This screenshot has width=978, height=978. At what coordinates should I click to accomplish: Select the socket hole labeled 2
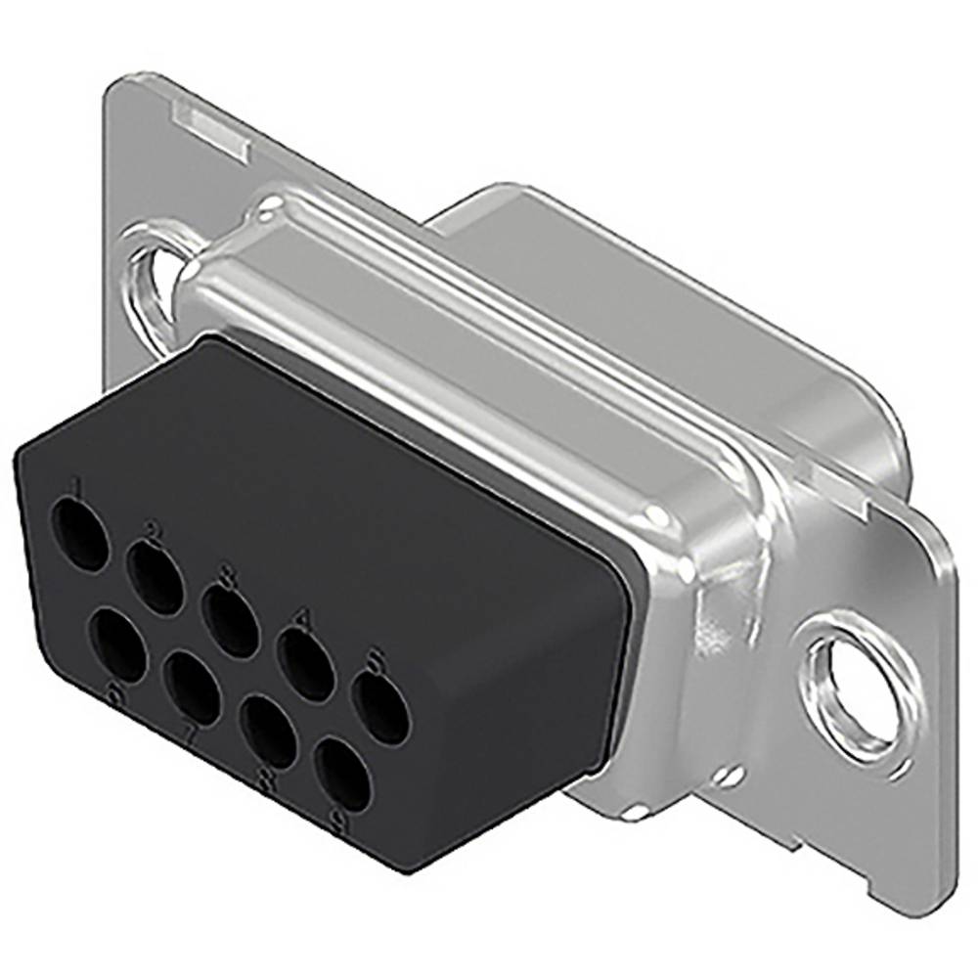tap(156, 578)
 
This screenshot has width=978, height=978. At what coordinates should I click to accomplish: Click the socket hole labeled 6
tap(116, 645)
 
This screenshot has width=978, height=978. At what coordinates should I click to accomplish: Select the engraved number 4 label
tap(301, 618)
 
